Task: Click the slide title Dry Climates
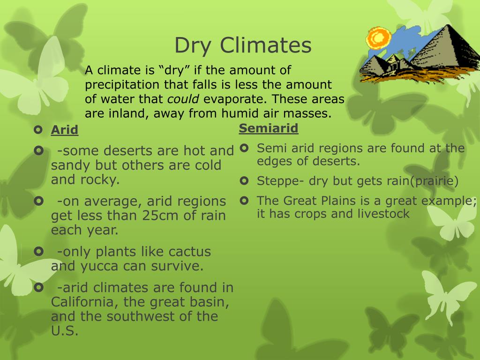pyautogui.click(x=243, y=46)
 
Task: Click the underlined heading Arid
pyautogui.click(x=65, y=130)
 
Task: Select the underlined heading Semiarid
pyautogui.click(x=269, y=128)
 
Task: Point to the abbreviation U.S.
pyautogui.click(x=64, y=330)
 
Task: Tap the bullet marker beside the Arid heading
pyautogui.click(x=38, y=129)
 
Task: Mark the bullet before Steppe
pyautogui.click(x=244, y=180)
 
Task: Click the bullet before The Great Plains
pyautogui.click(x=244, y=200)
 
